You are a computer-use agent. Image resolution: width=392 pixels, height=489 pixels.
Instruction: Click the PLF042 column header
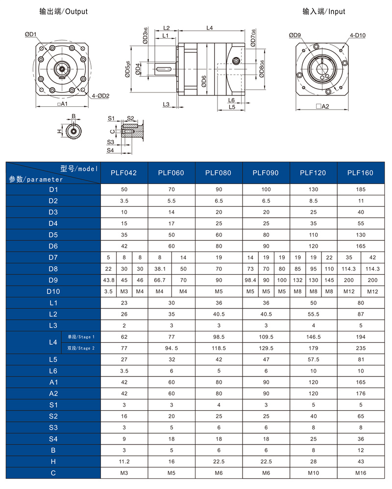click(123, 173)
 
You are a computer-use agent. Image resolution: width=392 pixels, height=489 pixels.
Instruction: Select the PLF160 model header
click(360, 173)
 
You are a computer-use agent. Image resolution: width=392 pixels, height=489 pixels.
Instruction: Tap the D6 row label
click(53, 246)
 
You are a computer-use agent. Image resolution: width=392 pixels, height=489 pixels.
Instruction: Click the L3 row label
click(53, 326)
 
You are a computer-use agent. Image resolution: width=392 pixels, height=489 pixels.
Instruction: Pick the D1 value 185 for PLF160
click(360, 189)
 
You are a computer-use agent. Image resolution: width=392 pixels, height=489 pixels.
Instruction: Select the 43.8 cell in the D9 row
click(109, 280)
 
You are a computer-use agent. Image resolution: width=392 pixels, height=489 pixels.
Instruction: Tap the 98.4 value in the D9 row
click(250, 280)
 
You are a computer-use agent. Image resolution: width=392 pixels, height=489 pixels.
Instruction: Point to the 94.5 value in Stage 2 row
click(171, 349)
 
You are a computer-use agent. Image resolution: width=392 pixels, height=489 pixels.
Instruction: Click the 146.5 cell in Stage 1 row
click(313, 337)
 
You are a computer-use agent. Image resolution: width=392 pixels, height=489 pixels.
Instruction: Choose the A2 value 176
click(360, 394)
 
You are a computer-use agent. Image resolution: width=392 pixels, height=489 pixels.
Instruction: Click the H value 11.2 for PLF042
click(123, 462)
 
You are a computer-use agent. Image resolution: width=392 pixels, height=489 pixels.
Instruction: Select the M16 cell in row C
click(360, 473)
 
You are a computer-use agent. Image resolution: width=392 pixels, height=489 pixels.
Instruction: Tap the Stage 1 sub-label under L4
click(81, 337)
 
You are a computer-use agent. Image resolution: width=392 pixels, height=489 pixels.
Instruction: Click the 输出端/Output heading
click(64, 11)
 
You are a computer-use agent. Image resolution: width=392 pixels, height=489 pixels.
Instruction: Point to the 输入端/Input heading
click(323, 11)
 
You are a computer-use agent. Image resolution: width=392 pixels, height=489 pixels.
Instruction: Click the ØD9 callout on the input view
click(295, 35)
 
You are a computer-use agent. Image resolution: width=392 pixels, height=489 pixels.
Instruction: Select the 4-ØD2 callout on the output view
click(100, 96)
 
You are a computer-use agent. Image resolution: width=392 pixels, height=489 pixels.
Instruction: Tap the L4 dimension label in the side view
click(209, 28)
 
